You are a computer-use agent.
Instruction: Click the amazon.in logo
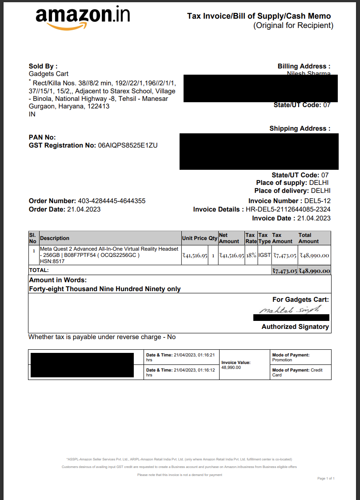click(x=83, y=18)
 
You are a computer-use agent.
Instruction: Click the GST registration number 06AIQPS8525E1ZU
click(x=128, y=145)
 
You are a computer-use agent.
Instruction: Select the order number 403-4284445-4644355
click(x=112, y=201)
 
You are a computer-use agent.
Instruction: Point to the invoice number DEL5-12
click(x=317, y=201)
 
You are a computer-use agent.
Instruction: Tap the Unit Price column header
click(x=195, y=238)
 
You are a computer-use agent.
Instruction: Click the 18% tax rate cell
click(x=251, y=256)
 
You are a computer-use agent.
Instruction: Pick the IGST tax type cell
click(x=264, y=256)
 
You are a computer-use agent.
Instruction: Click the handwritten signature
click(x=289, y=309)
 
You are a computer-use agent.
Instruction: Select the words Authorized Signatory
click(x=295, y=327)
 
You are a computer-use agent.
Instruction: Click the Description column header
click(x=55, y=238)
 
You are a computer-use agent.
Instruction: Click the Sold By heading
click(x=43, y=66)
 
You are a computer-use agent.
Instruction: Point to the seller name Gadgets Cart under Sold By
click(x=48, y=74)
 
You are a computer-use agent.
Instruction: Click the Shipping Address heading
click(x=300, y=128)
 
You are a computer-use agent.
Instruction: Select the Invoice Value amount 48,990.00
click(x=231, y=368)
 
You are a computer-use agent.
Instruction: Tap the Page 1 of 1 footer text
click(x=326, y=478)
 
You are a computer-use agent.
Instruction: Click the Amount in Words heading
click(x=58, y=280)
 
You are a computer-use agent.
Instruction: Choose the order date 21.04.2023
click(x=84, y=209)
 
